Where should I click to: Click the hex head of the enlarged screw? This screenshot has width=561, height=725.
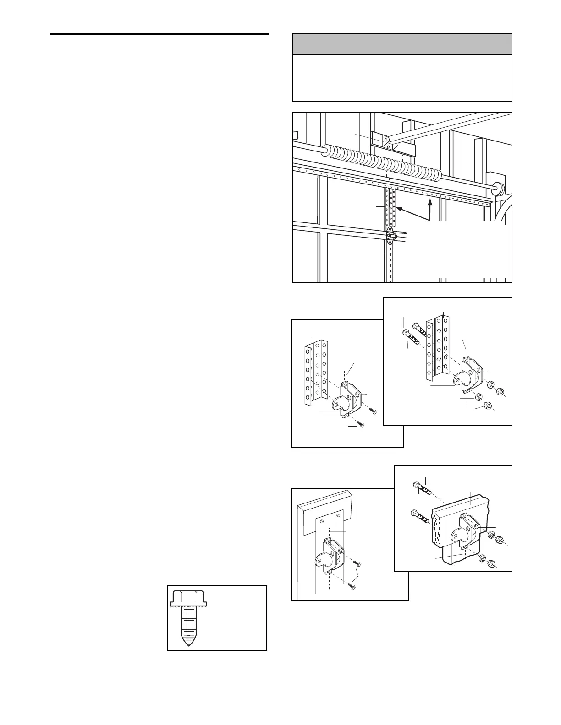(188, 597)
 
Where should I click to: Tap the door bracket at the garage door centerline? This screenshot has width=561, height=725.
(390, 235)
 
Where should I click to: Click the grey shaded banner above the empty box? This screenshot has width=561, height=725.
(402, 44)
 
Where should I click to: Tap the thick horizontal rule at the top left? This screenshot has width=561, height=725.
(159, 34)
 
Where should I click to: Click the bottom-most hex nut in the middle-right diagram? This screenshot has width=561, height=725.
(488, 406)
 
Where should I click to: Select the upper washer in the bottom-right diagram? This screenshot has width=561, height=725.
(491, 533)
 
